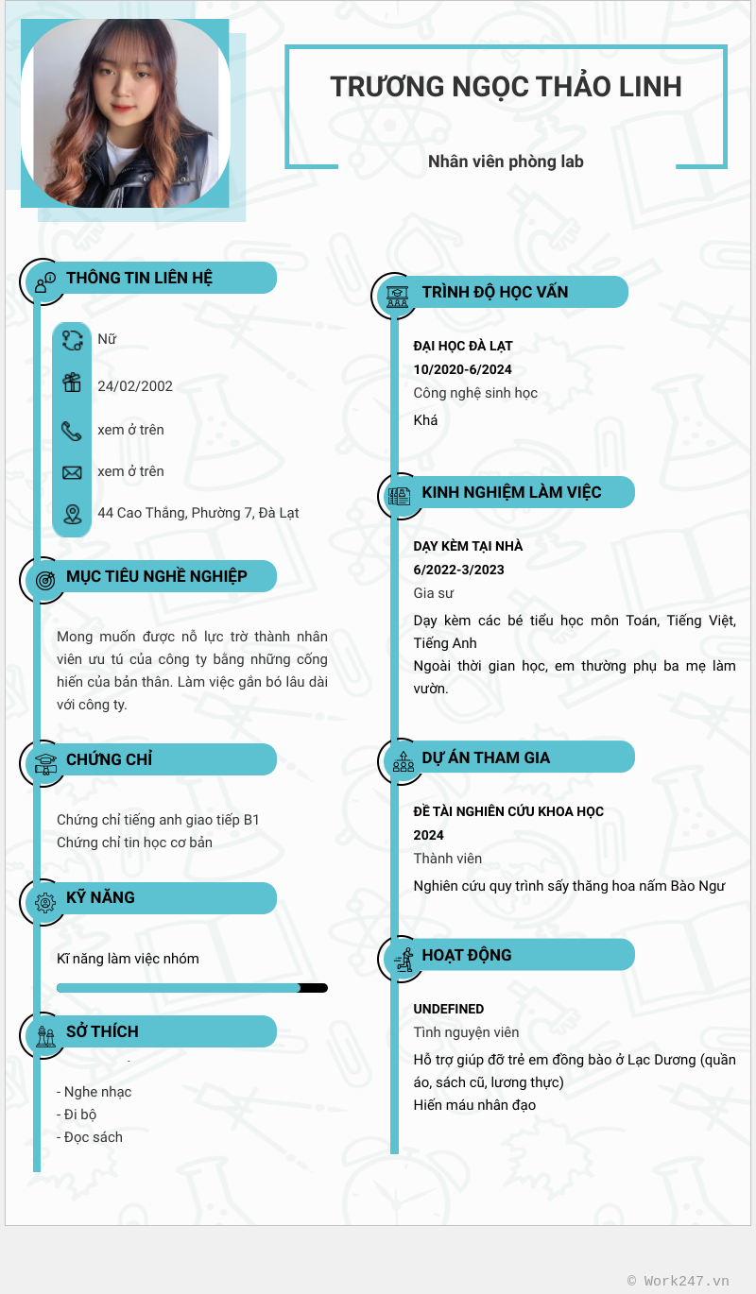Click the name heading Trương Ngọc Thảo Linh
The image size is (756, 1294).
(x=506, y=86)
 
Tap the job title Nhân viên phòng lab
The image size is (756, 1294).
(x=506, y=162)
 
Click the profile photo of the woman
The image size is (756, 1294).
(x=125, y=113)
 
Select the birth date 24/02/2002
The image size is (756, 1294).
(x=135, y=385)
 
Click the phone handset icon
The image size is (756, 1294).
(x=72, y=431)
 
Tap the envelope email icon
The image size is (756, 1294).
(x=72, y=472)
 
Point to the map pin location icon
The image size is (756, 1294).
(x=72, y=514)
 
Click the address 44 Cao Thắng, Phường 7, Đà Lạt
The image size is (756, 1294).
(x=198, y=513)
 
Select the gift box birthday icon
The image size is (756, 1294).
(x=72, y=383)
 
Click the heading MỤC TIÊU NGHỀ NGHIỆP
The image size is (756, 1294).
(x=157, y=576)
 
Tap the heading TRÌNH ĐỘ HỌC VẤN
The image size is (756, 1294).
(x=495, y=292)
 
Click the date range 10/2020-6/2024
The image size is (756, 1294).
(x=462, y=369)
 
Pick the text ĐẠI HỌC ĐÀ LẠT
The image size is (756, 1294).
(x=463, y=346)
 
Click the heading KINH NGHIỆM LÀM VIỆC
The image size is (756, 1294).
(x=511, y=492)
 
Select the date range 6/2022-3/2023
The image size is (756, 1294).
(x=458, y=570)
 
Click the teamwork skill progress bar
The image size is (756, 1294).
(x=192, y=988)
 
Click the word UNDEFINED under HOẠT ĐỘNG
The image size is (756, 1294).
(x=449, y=1009)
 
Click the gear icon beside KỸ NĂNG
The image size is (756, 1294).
(x=44, y=902)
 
